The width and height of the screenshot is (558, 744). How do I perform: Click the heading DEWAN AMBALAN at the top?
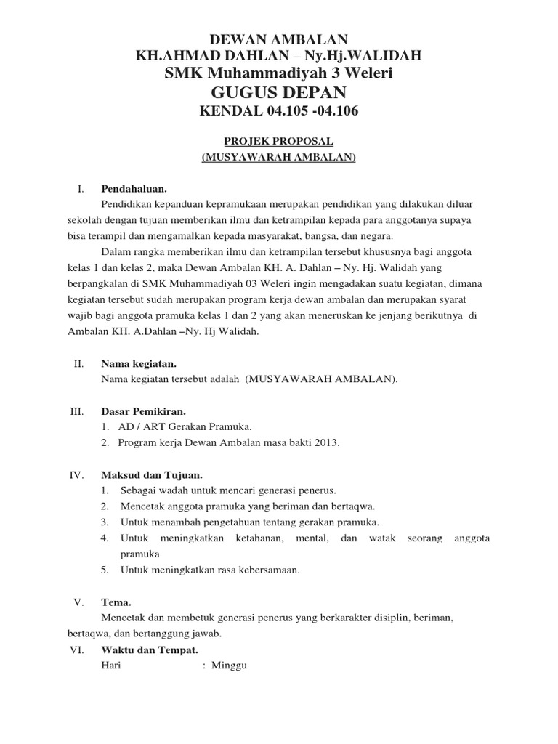click(x=278, y=39)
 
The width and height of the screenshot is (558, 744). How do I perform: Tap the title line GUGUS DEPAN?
click(x=278, y=92)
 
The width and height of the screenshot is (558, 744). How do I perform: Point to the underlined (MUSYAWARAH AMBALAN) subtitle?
click(x=278, y=157)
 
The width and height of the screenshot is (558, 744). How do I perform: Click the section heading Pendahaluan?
click(x=134, y=189)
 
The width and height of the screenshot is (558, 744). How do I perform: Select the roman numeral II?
click(x=79, y=363)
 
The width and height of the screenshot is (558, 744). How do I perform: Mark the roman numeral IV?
click(x=78, y=474)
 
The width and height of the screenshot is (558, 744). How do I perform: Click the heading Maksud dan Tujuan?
click(x=151, y=474)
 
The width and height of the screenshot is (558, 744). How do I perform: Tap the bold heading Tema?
click(x=116, y=602)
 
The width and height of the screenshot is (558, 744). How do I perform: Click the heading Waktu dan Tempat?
click(x=150, y=650)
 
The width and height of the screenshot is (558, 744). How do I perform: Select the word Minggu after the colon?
click(x=230, y=665)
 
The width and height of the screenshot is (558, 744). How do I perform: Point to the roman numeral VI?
click(x=78, y=650)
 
